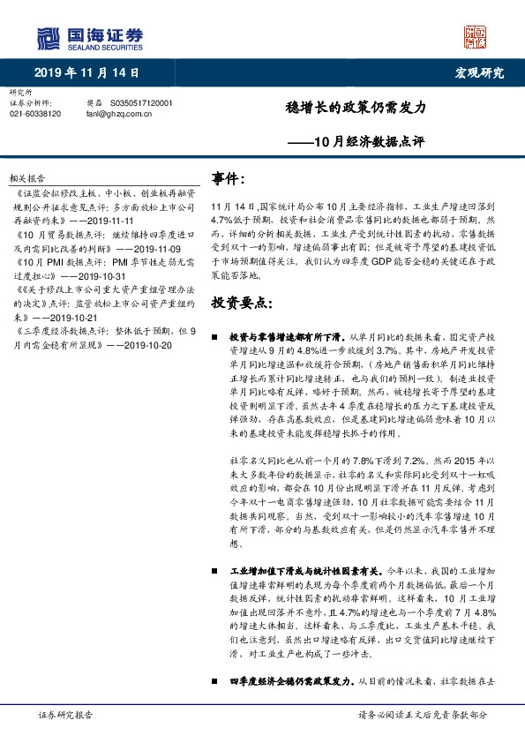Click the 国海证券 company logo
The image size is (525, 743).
tap(89, 36)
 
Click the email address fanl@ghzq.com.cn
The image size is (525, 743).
tap(119, 114)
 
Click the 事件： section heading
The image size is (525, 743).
tap(228, 179)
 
